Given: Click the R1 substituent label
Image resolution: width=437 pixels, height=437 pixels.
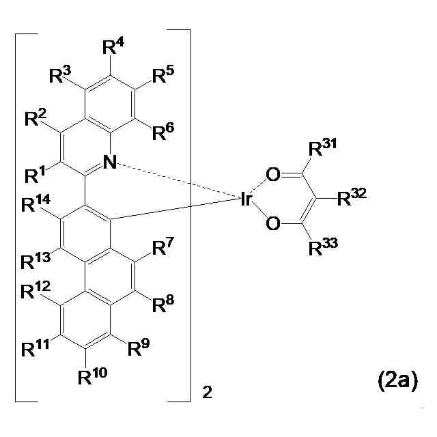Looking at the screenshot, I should [36, 176].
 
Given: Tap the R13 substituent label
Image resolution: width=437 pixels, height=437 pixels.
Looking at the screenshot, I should [36, 260].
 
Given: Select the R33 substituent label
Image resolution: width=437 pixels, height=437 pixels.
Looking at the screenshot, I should [322, 248].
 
